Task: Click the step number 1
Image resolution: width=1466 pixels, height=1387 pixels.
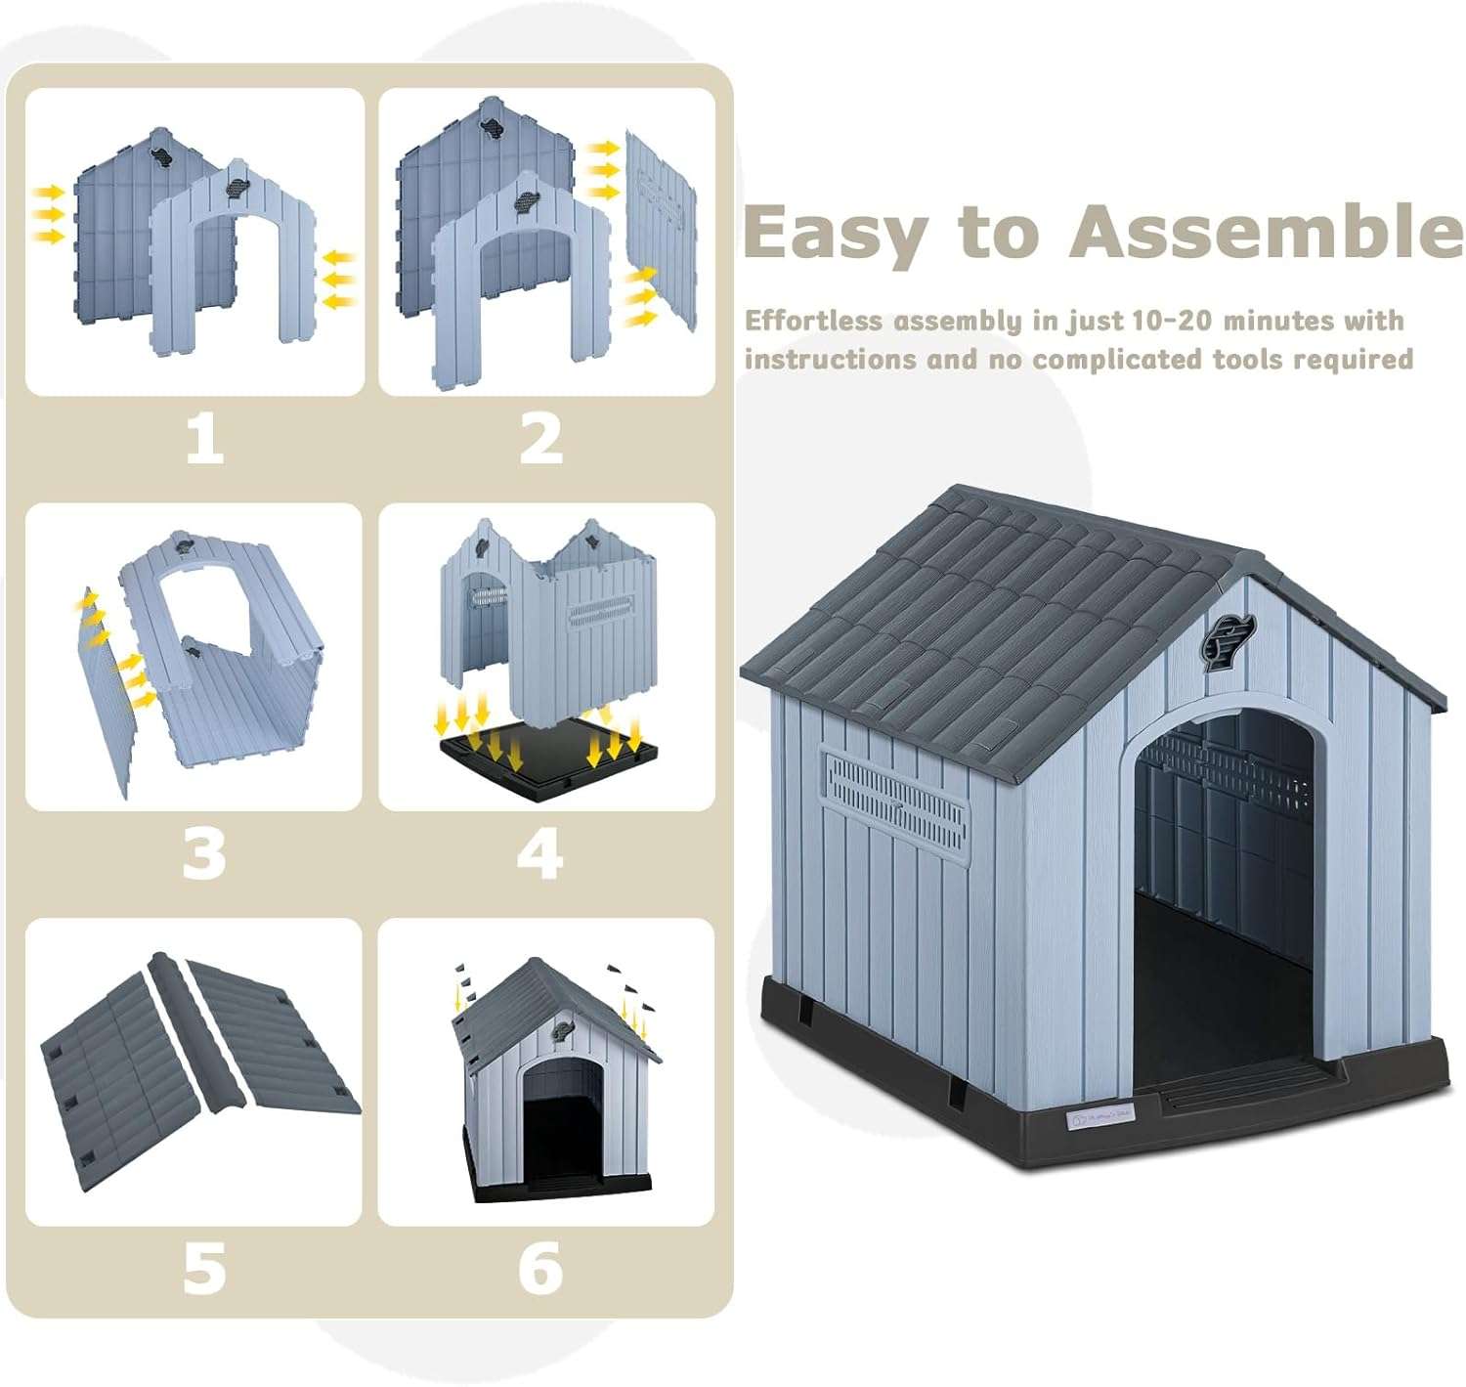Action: coord(204,438)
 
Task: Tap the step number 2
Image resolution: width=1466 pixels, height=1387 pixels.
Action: coord(540,438)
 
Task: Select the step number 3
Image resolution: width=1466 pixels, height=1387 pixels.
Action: coord(204,853)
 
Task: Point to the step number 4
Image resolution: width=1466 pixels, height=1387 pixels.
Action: coord(540,853)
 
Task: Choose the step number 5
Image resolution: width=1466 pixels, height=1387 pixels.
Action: coord(204,1268)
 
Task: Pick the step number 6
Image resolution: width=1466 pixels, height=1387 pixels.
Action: coord(540,1268)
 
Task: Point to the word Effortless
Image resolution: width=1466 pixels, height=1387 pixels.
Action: coord(813,321)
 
